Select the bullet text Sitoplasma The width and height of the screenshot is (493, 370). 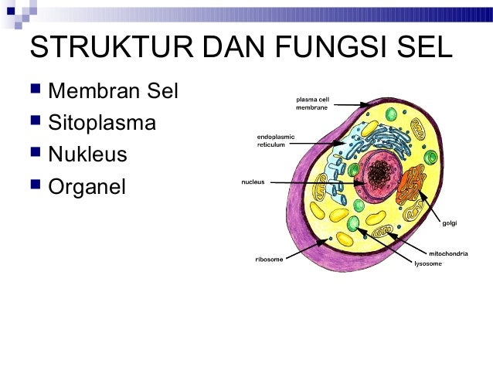[101, 124]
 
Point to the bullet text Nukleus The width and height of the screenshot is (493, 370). [87, 154]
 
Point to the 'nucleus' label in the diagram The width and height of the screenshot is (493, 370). [253, 182]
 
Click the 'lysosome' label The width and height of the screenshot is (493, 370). [427, 264]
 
